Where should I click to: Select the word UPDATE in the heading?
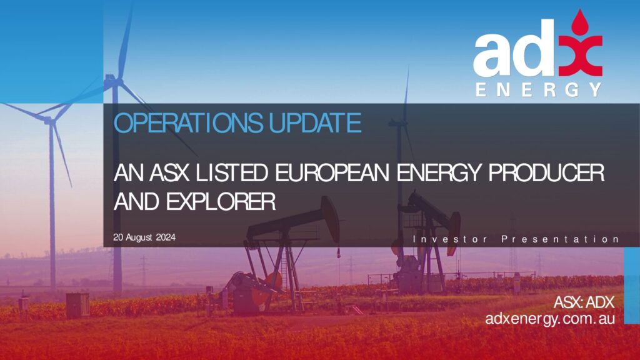(315, 123)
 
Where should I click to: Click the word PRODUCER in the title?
(546, 172)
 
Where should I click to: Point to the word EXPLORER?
(221, 202)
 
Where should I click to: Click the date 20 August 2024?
(144, 237)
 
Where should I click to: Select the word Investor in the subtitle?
(450, 239)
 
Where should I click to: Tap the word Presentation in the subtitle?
(561, 239)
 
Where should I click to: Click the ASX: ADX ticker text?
(584, 302)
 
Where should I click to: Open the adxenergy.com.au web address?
(550, 318)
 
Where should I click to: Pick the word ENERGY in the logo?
(539, 90)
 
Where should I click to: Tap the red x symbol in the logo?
(581, 56)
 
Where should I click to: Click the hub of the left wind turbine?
(49, 121)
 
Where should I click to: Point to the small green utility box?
(77, 304)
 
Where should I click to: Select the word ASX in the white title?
(169, 172)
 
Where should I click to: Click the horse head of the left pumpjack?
(331, 218)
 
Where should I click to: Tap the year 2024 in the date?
(166, 237)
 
